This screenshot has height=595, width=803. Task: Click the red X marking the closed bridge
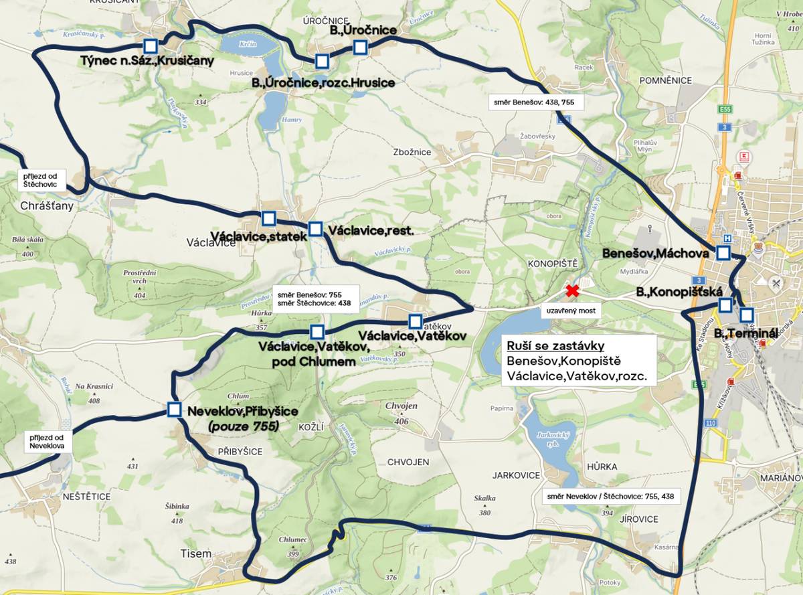[572, 291]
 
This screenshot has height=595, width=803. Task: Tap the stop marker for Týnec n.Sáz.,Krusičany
[151, 46]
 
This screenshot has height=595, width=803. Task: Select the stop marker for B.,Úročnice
[360, 47]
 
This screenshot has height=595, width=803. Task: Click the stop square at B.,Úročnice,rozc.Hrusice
[322, 62]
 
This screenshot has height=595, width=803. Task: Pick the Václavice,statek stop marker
[268, 218]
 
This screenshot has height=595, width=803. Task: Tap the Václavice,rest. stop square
[316, 229]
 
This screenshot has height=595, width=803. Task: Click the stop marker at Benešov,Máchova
[723, 252]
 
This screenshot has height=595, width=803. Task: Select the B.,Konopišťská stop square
[725, 305]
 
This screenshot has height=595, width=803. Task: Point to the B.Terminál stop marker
[747, 315]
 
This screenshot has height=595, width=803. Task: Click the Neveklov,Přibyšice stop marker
[175, 410]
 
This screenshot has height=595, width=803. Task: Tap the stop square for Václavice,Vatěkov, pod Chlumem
[317, 331]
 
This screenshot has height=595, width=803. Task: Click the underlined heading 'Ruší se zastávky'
[555, 346]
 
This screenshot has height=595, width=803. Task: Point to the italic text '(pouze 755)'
[244, 426]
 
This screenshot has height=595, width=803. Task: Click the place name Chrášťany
[47, 206]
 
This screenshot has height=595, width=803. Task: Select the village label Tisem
[196, 554]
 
